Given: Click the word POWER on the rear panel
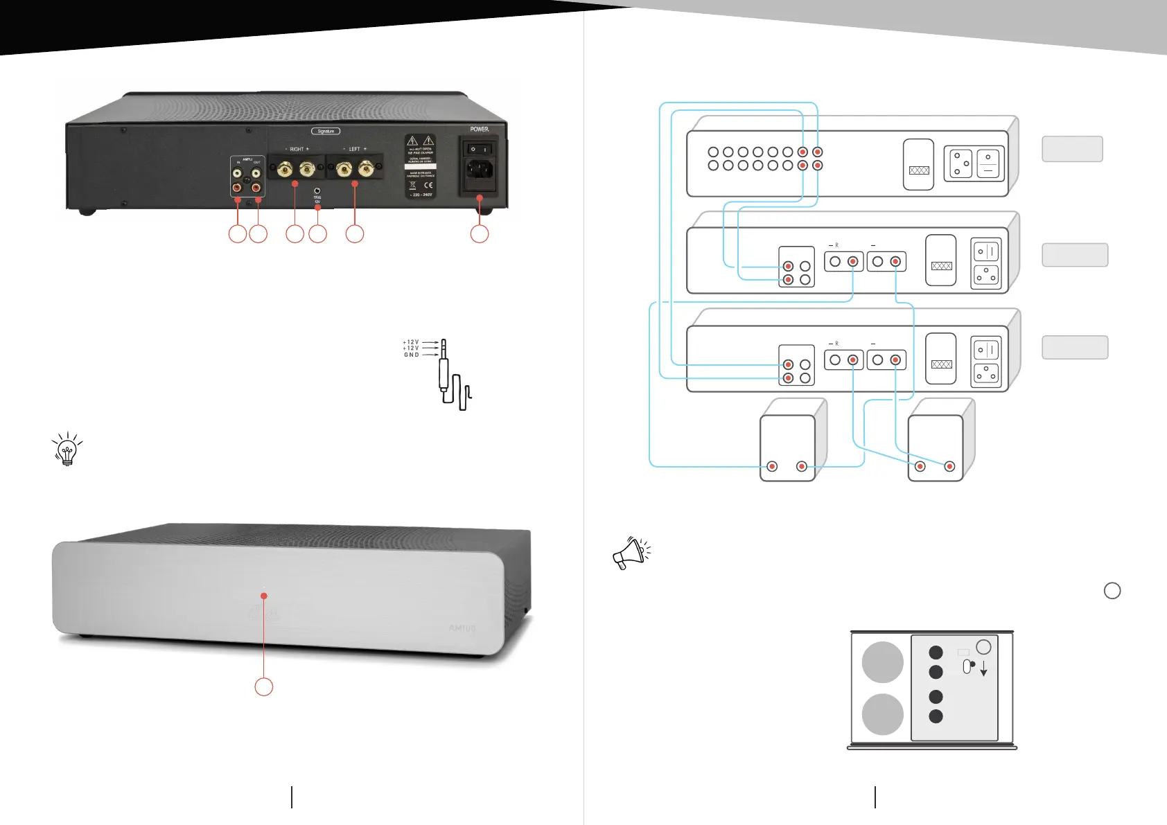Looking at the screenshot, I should (x=480, y=129).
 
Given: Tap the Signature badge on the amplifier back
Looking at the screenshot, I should (x=326, y=131).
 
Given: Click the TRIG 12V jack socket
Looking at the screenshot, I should (x=317, y=190).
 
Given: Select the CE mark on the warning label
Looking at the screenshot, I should (x=428, y=185).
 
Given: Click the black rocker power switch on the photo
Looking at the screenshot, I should (x=479, y=149).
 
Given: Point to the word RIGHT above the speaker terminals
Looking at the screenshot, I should (x=297, y=149).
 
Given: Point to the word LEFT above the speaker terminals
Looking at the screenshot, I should (x=354, y=149).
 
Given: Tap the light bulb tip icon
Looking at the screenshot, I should (x=67, y=450).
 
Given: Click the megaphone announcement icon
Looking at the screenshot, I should (x=631, y=553).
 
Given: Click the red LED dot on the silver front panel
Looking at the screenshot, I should (x=264, y=596).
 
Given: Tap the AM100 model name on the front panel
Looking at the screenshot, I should (x=462, y=628).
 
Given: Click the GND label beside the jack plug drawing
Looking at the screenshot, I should (x=411, y=355).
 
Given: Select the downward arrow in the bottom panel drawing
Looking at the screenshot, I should (x=983, y=669).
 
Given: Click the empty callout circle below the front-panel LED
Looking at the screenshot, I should (x=263, y=686).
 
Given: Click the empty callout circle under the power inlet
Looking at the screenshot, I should (x=479, y=233).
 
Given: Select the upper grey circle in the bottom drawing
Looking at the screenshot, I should (x=882, y=662).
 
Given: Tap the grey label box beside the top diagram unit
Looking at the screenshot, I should (x=1072, y=149).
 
